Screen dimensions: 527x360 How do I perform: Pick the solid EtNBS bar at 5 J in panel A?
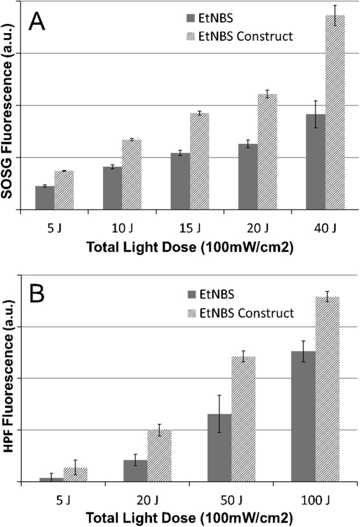point(45,197)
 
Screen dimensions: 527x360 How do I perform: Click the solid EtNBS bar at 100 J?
point(303,416)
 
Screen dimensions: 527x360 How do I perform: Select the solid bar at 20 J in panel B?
point(135,470)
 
